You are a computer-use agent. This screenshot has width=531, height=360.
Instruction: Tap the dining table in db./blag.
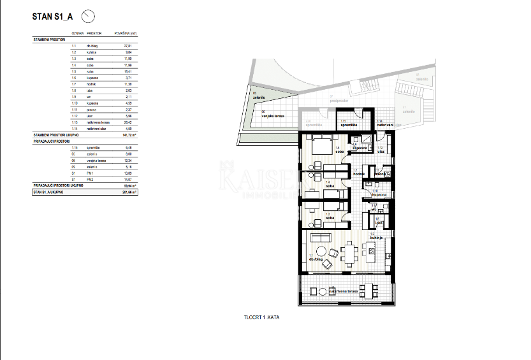pos(347,254)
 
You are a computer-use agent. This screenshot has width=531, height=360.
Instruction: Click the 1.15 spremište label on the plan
pos(348,125)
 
